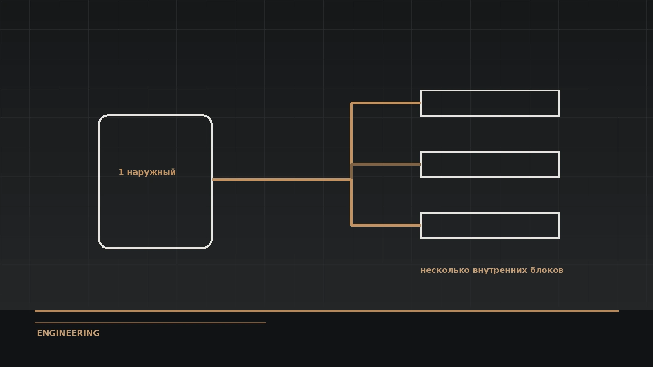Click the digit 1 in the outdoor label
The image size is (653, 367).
click(121, 172)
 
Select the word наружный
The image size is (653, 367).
click(151, 172)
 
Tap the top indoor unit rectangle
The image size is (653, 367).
click(490, 91)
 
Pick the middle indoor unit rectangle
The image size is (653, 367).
click(490, 152)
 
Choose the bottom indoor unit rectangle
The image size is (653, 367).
click(490, 213)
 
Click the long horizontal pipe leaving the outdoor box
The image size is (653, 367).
click(282, 180)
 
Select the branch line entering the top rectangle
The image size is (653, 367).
click(386, 103)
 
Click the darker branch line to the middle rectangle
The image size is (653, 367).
click(386, 164)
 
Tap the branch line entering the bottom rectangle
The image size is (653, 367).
click(386, 226)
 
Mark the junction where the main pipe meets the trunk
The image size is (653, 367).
click(351, 180)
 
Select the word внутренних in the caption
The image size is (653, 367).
click(500, 270)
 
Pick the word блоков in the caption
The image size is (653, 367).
click(546, 270)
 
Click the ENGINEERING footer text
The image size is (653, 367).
click(68, 333)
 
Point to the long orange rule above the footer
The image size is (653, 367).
click(326, 311)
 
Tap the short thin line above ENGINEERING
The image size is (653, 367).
click(150, 323)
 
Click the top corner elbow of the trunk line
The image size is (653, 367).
click(351, 103)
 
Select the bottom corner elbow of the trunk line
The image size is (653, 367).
click(351, 226)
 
